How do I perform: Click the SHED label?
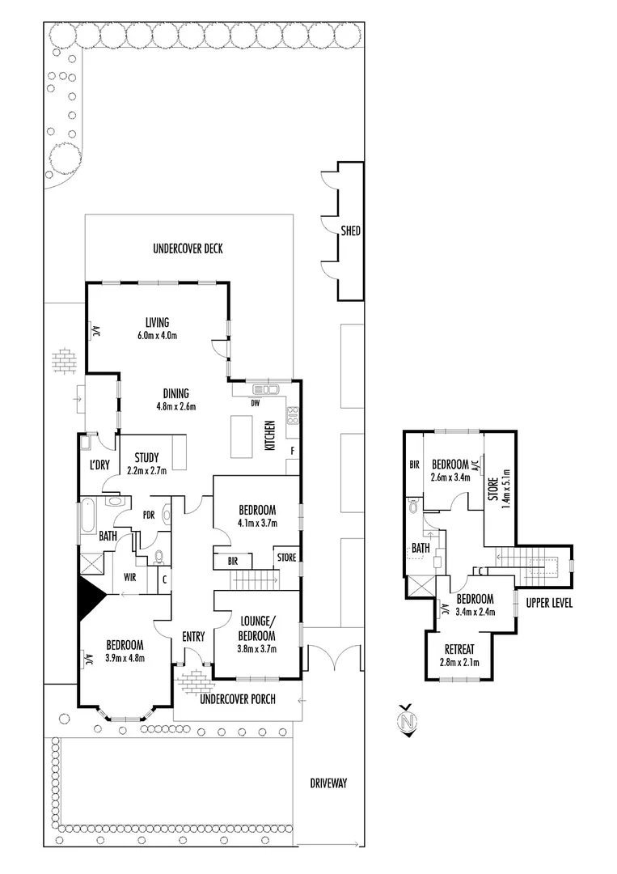click(350, 231)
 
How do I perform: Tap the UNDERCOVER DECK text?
click(188, 249)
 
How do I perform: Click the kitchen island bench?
click(242, 429)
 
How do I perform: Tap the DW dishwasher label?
click(255, 402)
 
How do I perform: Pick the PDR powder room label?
click(148, 514)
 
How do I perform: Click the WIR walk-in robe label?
click(129, 578)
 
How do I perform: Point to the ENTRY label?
click(192, 637)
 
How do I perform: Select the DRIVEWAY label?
click(328, 783)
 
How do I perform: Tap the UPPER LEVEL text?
click(549, 604)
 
